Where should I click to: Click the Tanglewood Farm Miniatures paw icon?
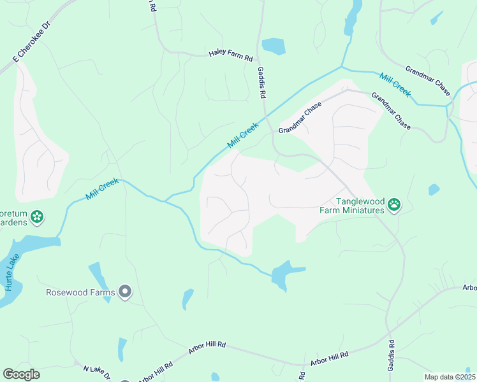coord(395,205)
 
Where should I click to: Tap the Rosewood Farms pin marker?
coord(125,292)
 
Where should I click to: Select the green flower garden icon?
coord(38,217)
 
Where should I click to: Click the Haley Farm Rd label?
coord(231,56)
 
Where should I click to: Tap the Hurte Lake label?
coord(13,273)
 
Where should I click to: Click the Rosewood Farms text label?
coord(80,293)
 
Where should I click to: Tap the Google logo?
coord(21,374)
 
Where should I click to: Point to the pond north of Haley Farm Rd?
coord(274,46)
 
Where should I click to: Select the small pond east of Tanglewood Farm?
coord(434,189)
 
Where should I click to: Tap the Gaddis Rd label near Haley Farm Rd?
coord(261,83)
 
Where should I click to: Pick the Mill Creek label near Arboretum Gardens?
coord(103,190)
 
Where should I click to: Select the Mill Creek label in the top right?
coord(395,85)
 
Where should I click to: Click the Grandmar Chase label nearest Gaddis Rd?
coord(300,119)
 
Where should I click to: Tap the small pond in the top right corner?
coord(437,17)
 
